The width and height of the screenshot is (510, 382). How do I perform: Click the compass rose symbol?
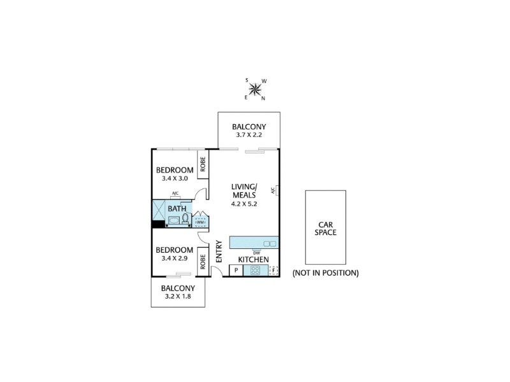point(256,89)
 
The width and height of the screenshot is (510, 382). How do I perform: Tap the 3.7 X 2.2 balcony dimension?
point(249,135)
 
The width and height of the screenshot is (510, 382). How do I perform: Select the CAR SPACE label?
point(326,229)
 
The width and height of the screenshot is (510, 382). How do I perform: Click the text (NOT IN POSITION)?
point(326,273)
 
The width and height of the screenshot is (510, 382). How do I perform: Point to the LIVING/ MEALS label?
point(244,190)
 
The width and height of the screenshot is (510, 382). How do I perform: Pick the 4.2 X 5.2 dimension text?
point(244,204)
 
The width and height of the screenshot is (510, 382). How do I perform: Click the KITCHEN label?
point(253,260)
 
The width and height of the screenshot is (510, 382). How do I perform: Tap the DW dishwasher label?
point(256,253)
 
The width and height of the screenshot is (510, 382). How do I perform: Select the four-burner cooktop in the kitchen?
point(256,270)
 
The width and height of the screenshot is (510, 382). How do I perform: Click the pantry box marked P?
point(236,270)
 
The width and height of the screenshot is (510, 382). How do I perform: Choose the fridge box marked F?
point(274,270)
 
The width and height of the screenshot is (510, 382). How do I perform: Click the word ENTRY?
point(219,251)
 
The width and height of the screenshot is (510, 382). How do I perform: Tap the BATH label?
point(177,209)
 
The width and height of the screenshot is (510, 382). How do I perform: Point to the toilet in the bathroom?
point(185,218)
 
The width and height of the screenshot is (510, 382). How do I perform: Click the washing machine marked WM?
point(200,222)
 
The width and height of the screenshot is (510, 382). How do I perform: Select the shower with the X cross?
point(159,211)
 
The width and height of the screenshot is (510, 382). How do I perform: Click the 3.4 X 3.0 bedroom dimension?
point(175,178)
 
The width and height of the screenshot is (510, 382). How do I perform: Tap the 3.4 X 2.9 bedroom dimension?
point(175,258)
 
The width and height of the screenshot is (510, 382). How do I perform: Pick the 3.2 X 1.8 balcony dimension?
point(178,296)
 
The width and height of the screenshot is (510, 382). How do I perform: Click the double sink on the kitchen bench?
point(270,244)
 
